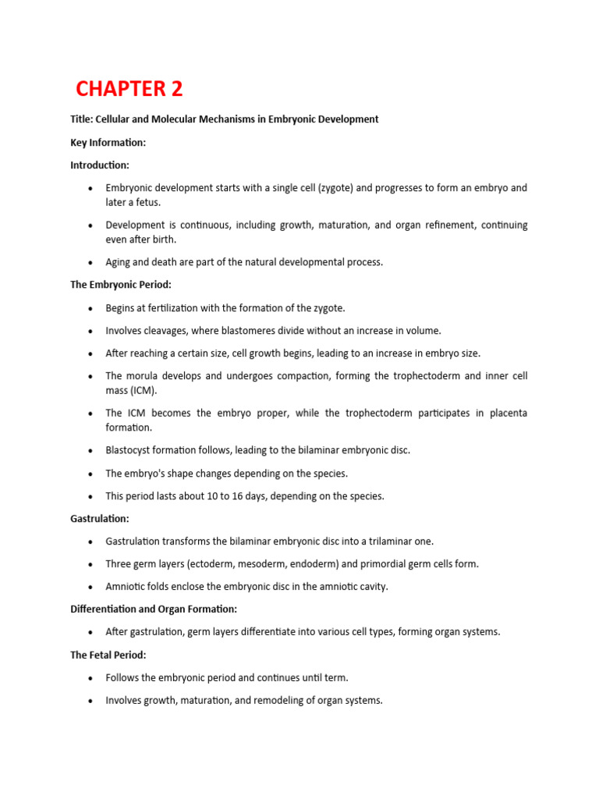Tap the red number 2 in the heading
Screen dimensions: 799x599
click(176, 89)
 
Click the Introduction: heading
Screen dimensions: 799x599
click(100, 165)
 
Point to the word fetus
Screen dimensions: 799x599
click(147, 203)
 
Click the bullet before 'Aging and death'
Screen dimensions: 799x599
click(91, 262)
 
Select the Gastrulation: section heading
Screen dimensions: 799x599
click(100, 519)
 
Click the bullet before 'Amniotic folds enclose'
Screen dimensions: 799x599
click(91, 587)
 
